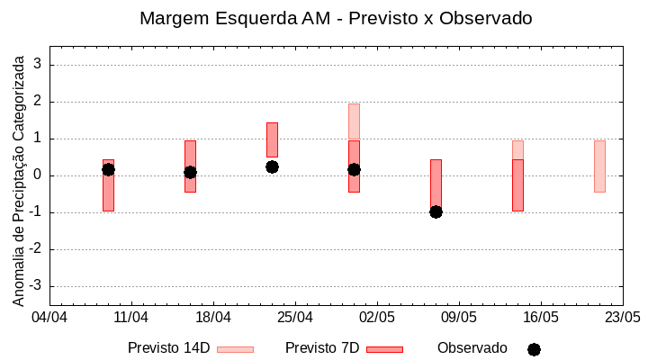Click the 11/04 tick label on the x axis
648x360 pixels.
131,318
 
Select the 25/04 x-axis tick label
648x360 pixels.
295,318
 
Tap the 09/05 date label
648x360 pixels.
459,318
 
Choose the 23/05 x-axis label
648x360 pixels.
623,318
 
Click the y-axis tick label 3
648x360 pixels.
39,65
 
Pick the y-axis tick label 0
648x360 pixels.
39,175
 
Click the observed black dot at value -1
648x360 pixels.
436,211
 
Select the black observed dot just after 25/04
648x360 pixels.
272,166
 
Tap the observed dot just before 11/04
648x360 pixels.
108,169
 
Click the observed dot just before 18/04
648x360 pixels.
190,172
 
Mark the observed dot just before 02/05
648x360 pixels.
354,169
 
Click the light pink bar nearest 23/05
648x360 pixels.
599,166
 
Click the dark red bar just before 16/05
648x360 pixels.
517,184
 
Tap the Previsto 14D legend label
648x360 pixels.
168,348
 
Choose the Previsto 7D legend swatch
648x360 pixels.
384,349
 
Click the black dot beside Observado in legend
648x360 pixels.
534,349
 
